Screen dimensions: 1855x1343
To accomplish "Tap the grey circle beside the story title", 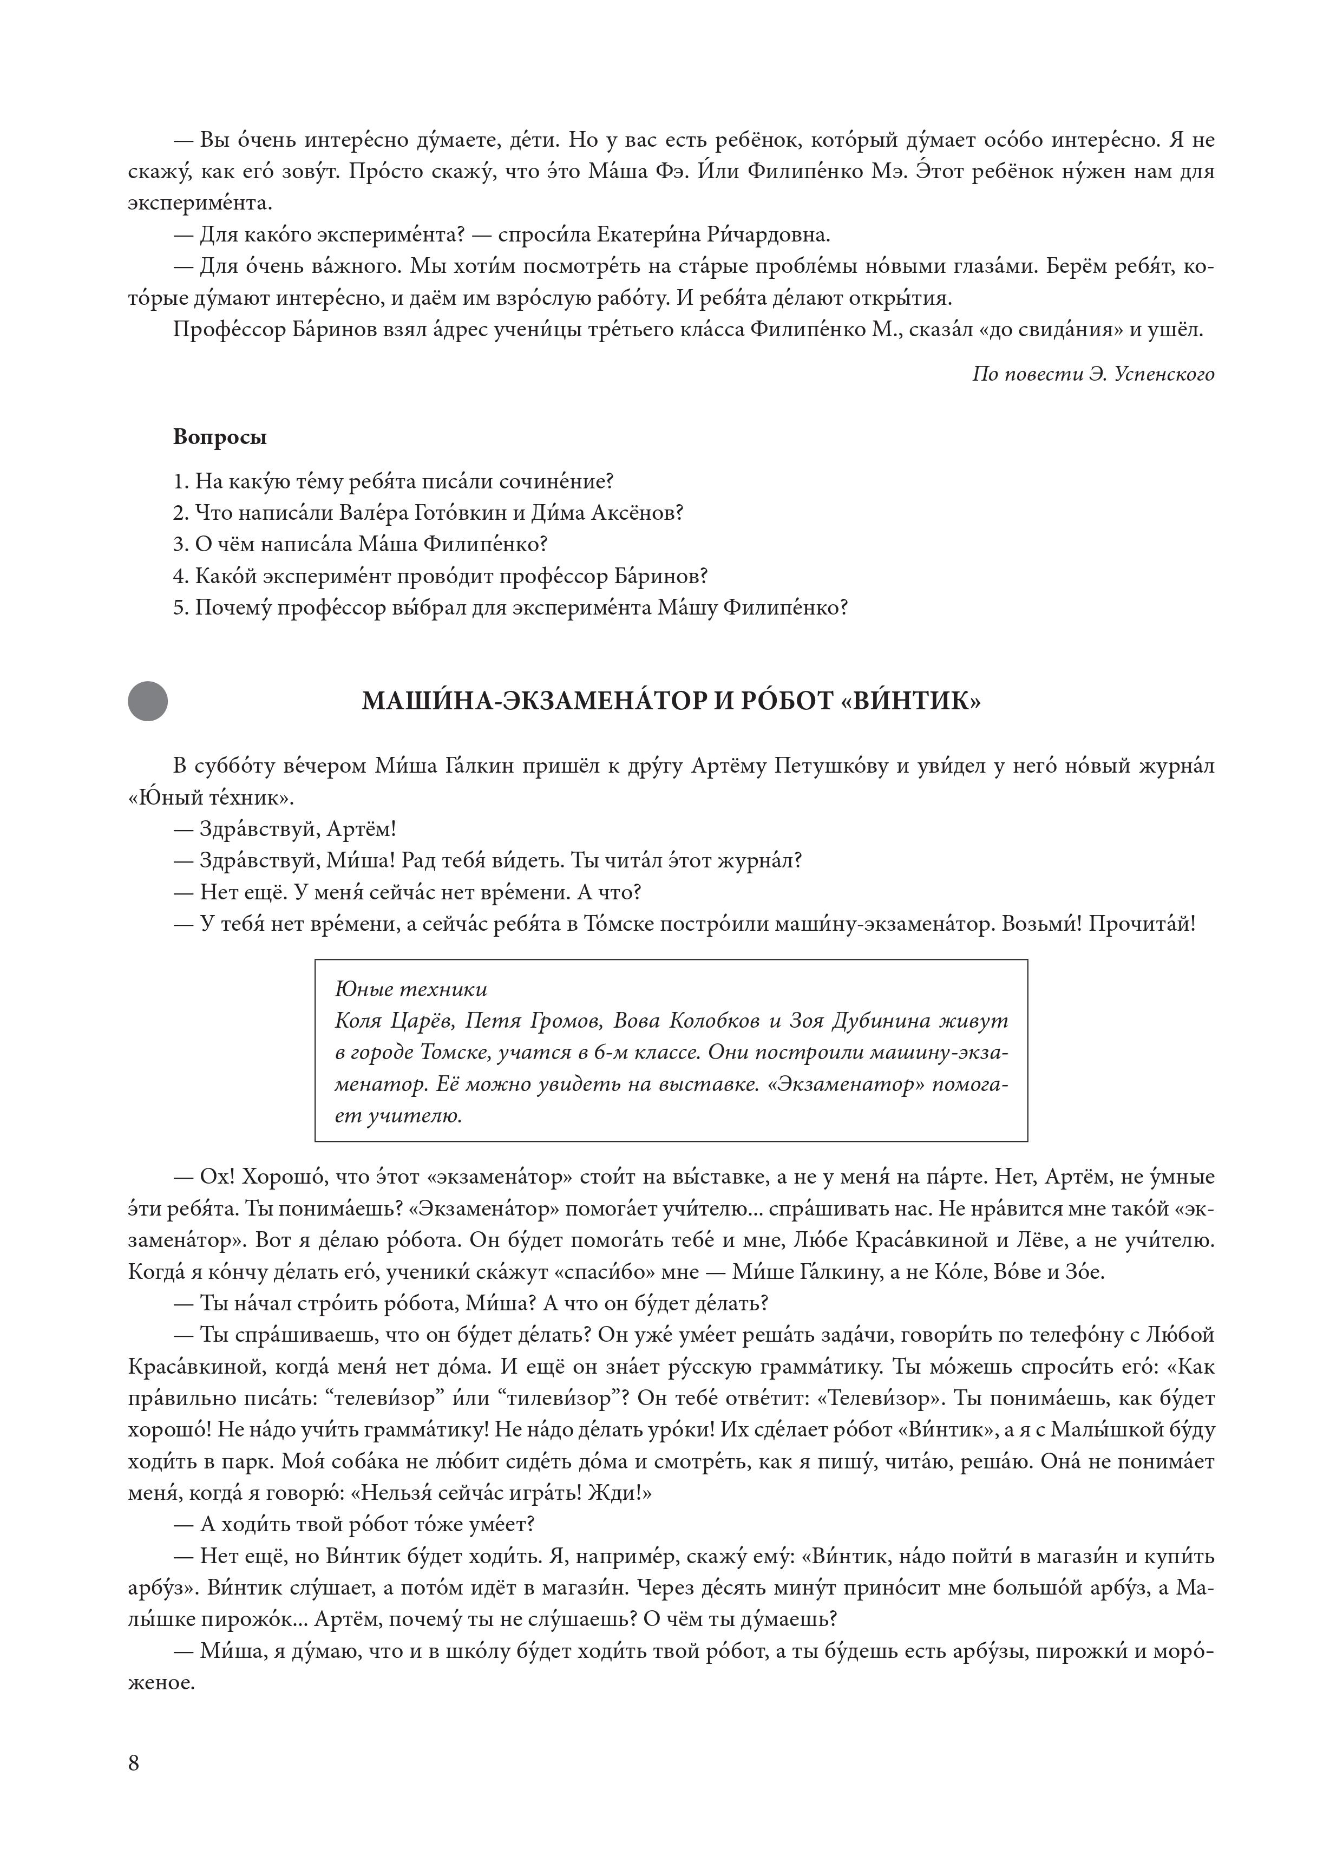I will tap(148, 701).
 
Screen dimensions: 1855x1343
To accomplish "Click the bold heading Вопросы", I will tap(220, 437).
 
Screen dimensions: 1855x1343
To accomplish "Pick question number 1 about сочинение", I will tap(394, 481).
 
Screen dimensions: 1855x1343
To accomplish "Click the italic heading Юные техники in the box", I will tap(411, 990).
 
